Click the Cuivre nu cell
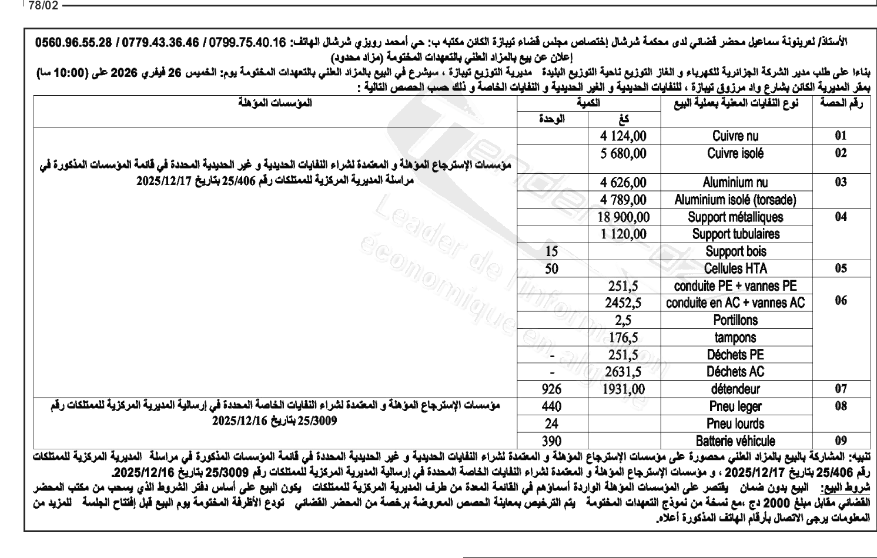[x=735, y=136]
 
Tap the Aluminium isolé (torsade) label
[x=735, y=200]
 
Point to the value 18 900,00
[x=624, y=217]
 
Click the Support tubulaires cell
[x=735, y=234]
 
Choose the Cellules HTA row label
[x=735, y=269]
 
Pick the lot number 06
[x=841, y=301]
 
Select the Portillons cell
[x=735, y=320]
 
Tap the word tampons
[x=735, y=338]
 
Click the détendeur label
[x=735, y=389]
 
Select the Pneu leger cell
[x=735, y=406]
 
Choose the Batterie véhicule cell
[x=735, y=441]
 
